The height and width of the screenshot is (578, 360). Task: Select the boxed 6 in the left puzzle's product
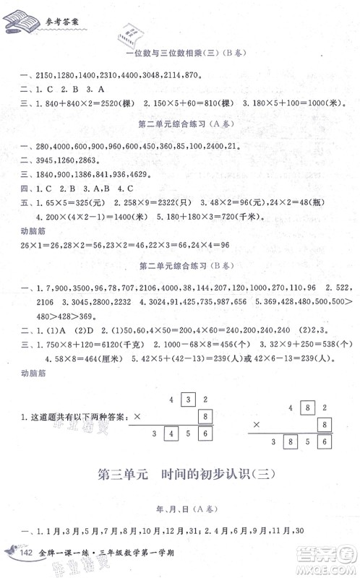207,433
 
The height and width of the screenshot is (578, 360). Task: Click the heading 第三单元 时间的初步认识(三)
179,476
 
